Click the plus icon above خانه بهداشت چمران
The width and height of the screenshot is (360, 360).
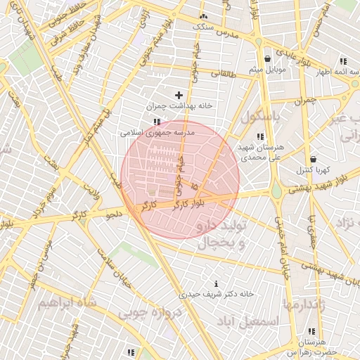click(179, 94)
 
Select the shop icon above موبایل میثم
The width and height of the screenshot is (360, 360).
click(267, 59)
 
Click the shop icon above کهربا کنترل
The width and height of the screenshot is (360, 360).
click(312, 159)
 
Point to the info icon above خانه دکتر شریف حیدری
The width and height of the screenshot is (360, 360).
click(215, 283)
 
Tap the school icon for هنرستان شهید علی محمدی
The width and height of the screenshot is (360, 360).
click(260, 136)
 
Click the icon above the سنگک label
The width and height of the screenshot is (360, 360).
click(203, 15)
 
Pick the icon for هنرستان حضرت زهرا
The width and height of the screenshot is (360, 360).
click(311, 331)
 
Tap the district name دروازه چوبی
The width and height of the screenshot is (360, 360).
click(150, 311)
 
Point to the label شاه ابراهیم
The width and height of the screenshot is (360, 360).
click(64, 303)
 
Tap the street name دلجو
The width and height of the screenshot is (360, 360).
click(114, 213)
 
